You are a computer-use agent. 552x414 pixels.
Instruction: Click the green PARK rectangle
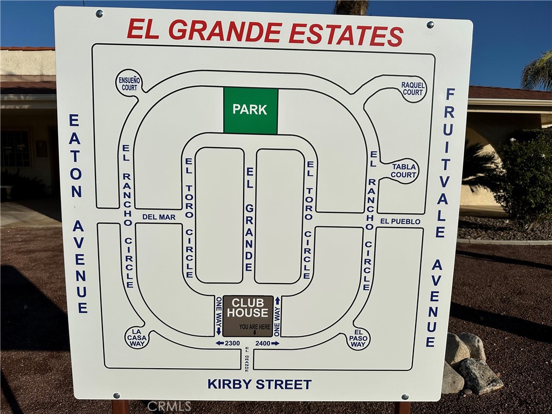pos(251,110)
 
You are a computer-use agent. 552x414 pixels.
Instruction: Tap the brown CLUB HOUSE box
pos(248,315)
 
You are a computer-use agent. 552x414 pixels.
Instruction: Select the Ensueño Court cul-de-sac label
pos(129,84)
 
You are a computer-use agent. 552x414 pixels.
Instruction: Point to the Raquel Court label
pos(413,89)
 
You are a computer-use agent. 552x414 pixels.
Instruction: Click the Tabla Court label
pos(404,171)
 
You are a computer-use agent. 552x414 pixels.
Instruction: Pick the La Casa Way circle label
pos(136,338)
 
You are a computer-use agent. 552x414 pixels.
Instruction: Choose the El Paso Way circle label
pos(358,339)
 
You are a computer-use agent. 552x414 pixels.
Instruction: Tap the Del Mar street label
pos(159,217)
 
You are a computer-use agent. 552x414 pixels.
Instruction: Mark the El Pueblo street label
pos(400,222)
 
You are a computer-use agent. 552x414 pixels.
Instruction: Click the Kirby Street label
pos(259,384)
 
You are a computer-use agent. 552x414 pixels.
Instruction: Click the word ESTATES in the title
pos(346,33)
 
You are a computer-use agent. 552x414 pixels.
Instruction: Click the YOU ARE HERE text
pos(254,327)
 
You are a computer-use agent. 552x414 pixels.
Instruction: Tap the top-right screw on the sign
pos(430,24)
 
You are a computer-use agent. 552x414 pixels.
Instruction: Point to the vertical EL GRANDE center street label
pos(249,219)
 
